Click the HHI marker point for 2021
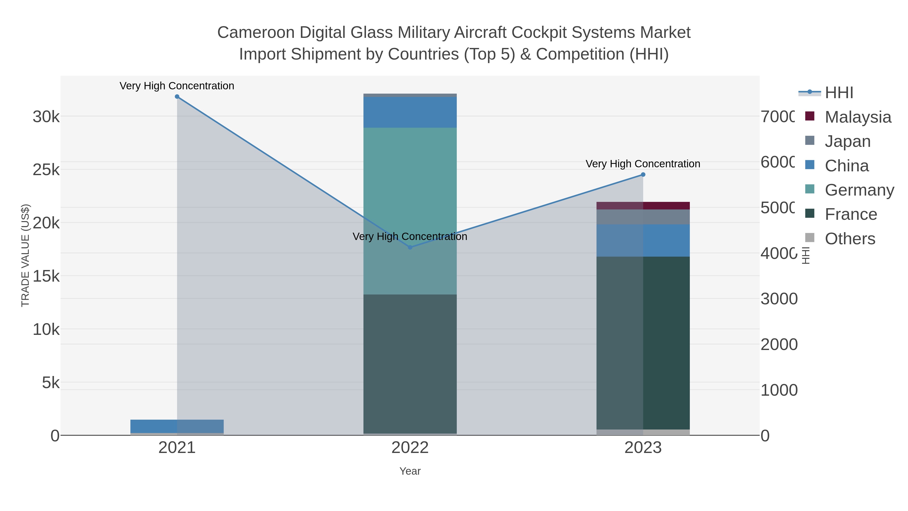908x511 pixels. click(177, 97)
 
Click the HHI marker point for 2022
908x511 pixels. click(410, 248)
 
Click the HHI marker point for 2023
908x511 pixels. click(643, 175)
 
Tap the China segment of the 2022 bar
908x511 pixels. click(410, 112)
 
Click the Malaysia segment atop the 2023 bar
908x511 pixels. click(643, 206)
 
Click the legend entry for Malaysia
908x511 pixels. click(858, 117)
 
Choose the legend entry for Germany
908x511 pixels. click(859, 190)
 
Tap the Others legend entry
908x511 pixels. click(849, 238)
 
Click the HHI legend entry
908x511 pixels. click(839, 93)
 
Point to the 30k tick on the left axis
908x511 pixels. click(46, 117)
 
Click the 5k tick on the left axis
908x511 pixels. click(51, 383)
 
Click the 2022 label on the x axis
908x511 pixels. click(410, 448)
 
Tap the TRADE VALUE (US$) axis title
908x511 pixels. click(25, 255)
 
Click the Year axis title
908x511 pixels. click(410, 471)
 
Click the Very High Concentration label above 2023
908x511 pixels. click(643, 164)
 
